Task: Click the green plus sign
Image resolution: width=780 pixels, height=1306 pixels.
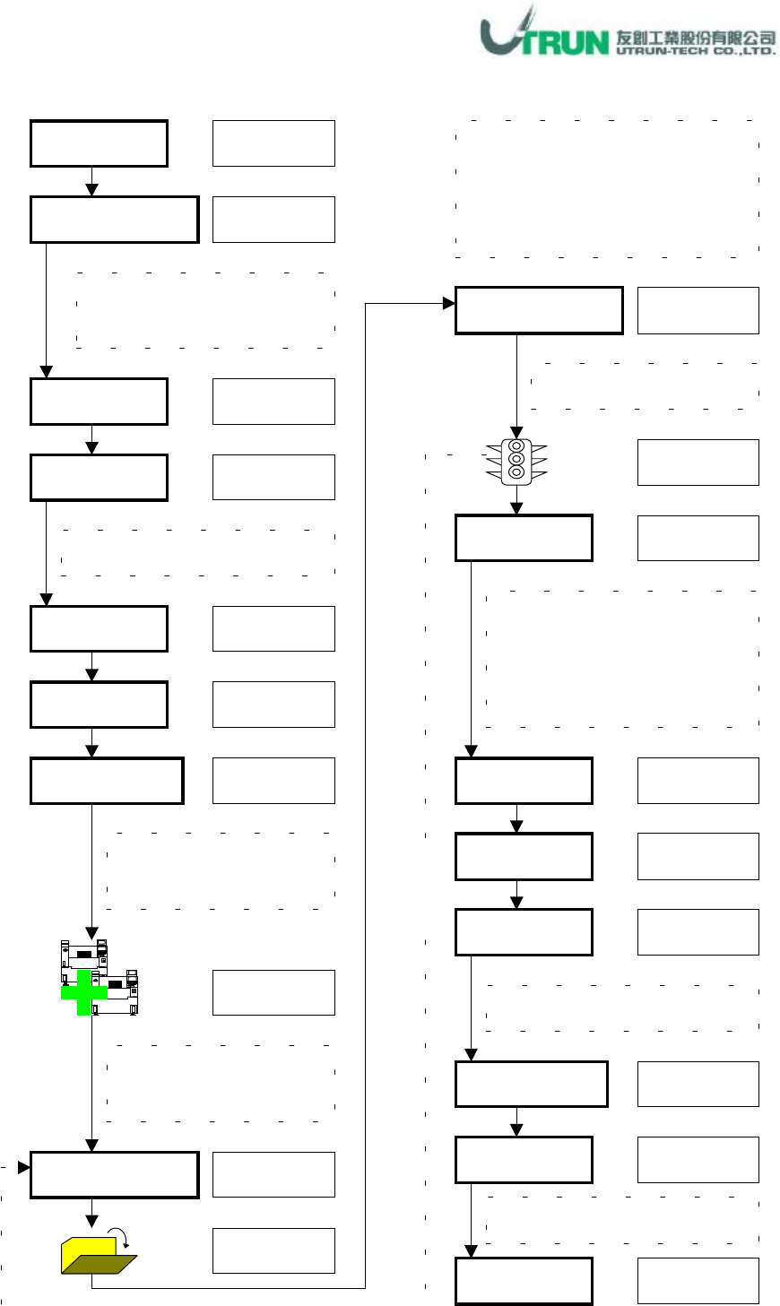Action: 84,992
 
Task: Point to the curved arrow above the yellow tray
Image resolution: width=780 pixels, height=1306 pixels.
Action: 126,1238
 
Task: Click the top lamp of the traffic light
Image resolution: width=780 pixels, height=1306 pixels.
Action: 516,445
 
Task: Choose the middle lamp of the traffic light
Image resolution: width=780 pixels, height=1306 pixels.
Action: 516,459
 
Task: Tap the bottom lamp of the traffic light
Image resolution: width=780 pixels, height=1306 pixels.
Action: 516,472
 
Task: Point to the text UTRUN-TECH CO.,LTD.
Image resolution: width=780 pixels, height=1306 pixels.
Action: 696,51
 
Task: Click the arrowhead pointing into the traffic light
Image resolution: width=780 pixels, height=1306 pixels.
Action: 516,431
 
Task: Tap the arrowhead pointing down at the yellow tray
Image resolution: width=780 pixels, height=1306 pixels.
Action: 91,1221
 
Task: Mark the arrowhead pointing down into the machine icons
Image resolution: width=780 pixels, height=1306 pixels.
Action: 91,932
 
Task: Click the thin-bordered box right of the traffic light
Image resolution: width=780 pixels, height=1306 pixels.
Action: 698,463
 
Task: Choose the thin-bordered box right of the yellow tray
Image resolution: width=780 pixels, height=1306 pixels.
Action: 273,1250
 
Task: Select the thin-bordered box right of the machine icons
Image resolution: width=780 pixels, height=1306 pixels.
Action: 273,992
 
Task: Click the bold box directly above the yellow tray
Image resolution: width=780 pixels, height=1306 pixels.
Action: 114,1174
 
